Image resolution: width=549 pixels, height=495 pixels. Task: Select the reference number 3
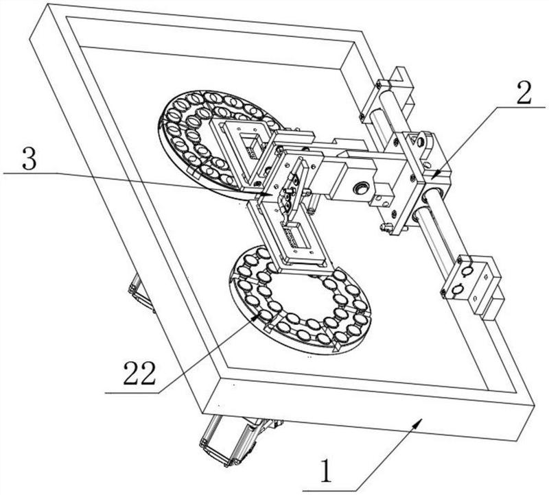tap(28, 158)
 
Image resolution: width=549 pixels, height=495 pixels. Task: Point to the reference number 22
tap(139, 373)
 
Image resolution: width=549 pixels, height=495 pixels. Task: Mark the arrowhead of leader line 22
tap(257, 315)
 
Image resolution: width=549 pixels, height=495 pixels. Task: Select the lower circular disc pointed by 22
tap(301, 300)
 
